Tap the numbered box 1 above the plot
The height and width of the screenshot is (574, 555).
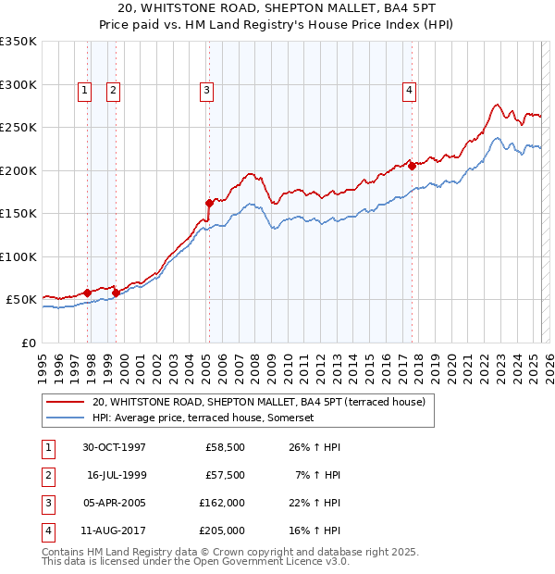click(x=84, y=90)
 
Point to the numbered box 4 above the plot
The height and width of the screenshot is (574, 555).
click(x=408, y=90)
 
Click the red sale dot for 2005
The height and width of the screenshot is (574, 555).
click(x=209, y=202)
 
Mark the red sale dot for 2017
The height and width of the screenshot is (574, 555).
click(x=412, y=167)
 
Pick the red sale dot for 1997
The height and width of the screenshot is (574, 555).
click(x=88, y=293)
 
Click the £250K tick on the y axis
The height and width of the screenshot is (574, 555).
click(x=18, y=128)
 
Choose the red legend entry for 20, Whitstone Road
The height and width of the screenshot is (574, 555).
click(x=258, y=402)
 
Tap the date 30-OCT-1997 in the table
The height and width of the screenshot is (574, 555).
click(x=114, y=447)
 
